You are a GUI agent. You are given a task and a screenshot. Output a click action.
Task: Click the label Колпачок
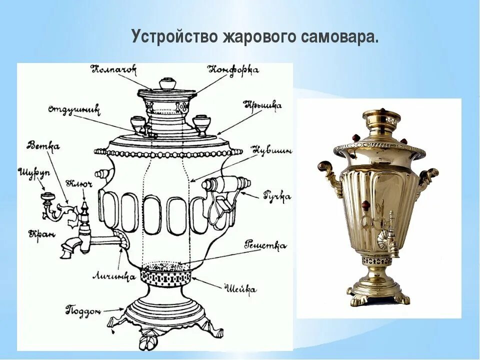pos(113,69)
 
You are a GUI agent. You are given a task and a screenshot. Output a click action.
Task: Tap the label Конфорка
pos(233,70)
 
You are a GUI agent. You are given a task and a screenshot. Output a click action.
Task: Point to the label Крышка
pos(262,105)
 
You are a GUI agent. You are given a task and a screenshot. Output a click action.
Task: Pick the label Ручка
pos(276,196)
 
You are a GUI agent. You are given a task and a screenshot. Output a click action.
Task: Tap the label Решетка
pos(265,245)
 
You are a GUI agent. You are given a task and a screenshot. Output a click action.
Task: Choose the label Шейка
pos(241,288)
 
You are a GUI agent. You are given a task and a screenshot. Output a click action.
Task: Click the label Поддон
pos(83,310)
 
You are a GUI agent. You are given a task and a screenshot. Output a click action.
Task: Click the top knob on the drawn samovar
pos(166,82)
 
